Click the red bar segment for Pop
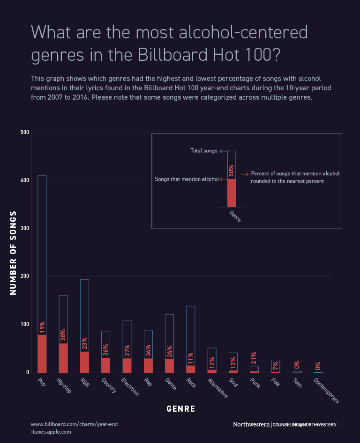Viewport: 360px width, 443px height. click(x=42, y=354)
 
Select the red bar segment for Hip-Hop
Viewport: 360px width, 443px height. click(x=63, y=358)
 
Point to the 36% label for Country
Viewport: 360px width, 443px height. click(x=106, y=350)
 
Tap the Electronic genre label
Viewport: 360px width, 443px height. click(x=130, y=387)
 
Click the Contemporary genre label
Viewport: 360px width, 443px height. click(x=326, y=391)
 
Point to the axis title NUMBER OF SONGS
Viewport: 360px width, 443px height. click(x=13, y=253)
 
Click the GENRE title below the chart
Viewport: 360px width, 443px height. click(x=180, y=409)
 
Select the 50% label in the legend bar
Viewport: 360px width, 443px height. click(x=231, y=170)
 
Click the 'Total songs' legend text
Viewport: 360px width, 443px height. click(x=204, y=151)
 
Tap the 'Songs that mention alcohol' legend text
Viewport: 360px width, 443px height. click(x=187, y=179)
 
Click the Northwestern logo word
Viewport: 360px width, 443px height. click(x=251, y=424)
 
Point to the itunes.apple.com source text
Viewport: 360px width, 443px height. click(x=51, y=432)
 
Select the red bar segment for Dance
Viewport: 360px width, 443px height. click(x=170, y=366)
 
